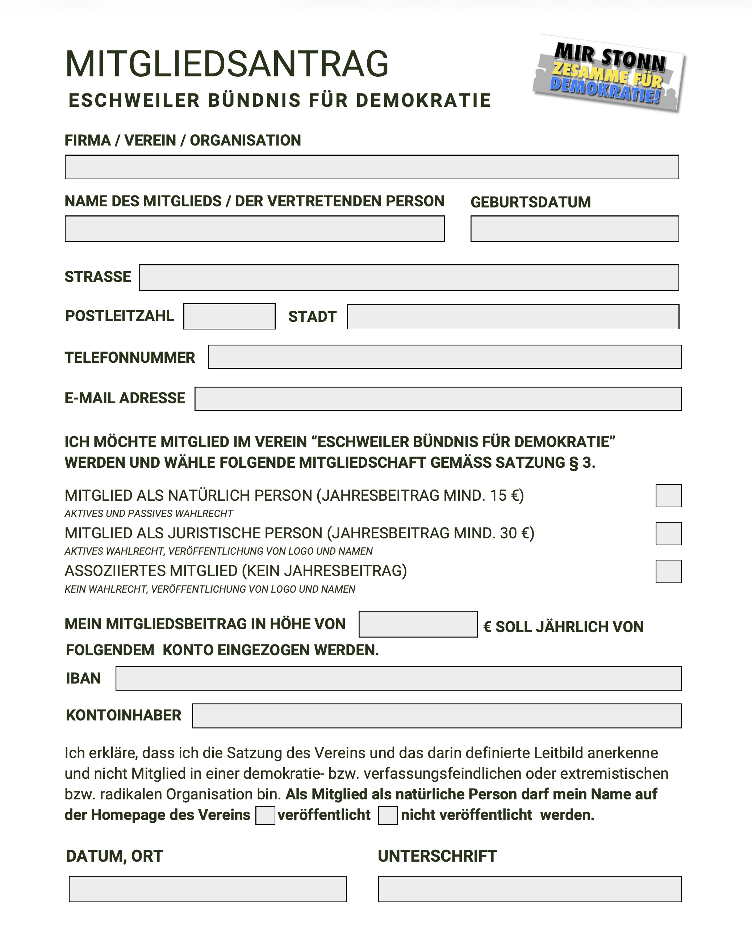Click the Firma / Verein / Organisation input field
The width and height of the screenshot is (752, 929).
(x=371, y=167)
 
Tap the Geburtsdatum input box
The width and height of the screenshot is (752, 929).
(x=575, y=228)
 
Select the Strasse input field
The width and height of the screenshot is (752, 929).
(x=409, y=277)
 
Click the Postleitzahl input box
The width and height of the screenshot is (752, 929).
(x=229, y=316)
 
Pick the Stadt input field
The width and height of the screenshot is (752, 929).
(x=513, y=316)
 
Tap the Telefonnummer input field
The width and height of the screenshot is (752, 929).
(x=444, y=357)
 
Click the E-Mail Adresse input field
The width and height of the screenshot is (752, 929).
(x=438, y=399)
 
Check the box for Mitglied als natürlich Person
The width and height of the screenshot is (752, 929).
(x=668, y=496)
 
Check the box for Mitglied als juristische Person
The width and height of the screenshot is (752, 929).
(x=668, y=533)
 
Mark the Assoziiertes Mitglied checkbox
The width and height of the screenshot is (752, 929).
(x=668, y=571)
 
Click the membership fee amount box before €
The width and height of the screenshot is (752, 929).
(x=418, y=624)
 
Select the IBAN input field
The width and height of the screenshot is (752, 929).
(x=398, y=679)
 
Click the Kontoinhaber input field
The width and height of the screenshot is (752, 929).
(x=436, y=716)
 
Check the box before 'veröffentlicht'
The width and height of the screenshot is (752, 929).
(x=265, y=815)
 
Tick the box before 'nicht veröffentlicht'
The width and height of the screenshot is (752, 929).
(x=388, y=815)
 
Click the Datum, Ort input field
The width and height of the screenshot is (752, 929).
(x=208, y=889)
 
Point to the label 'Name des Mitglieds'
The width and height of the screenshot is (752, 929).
(x=143, y=201)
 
